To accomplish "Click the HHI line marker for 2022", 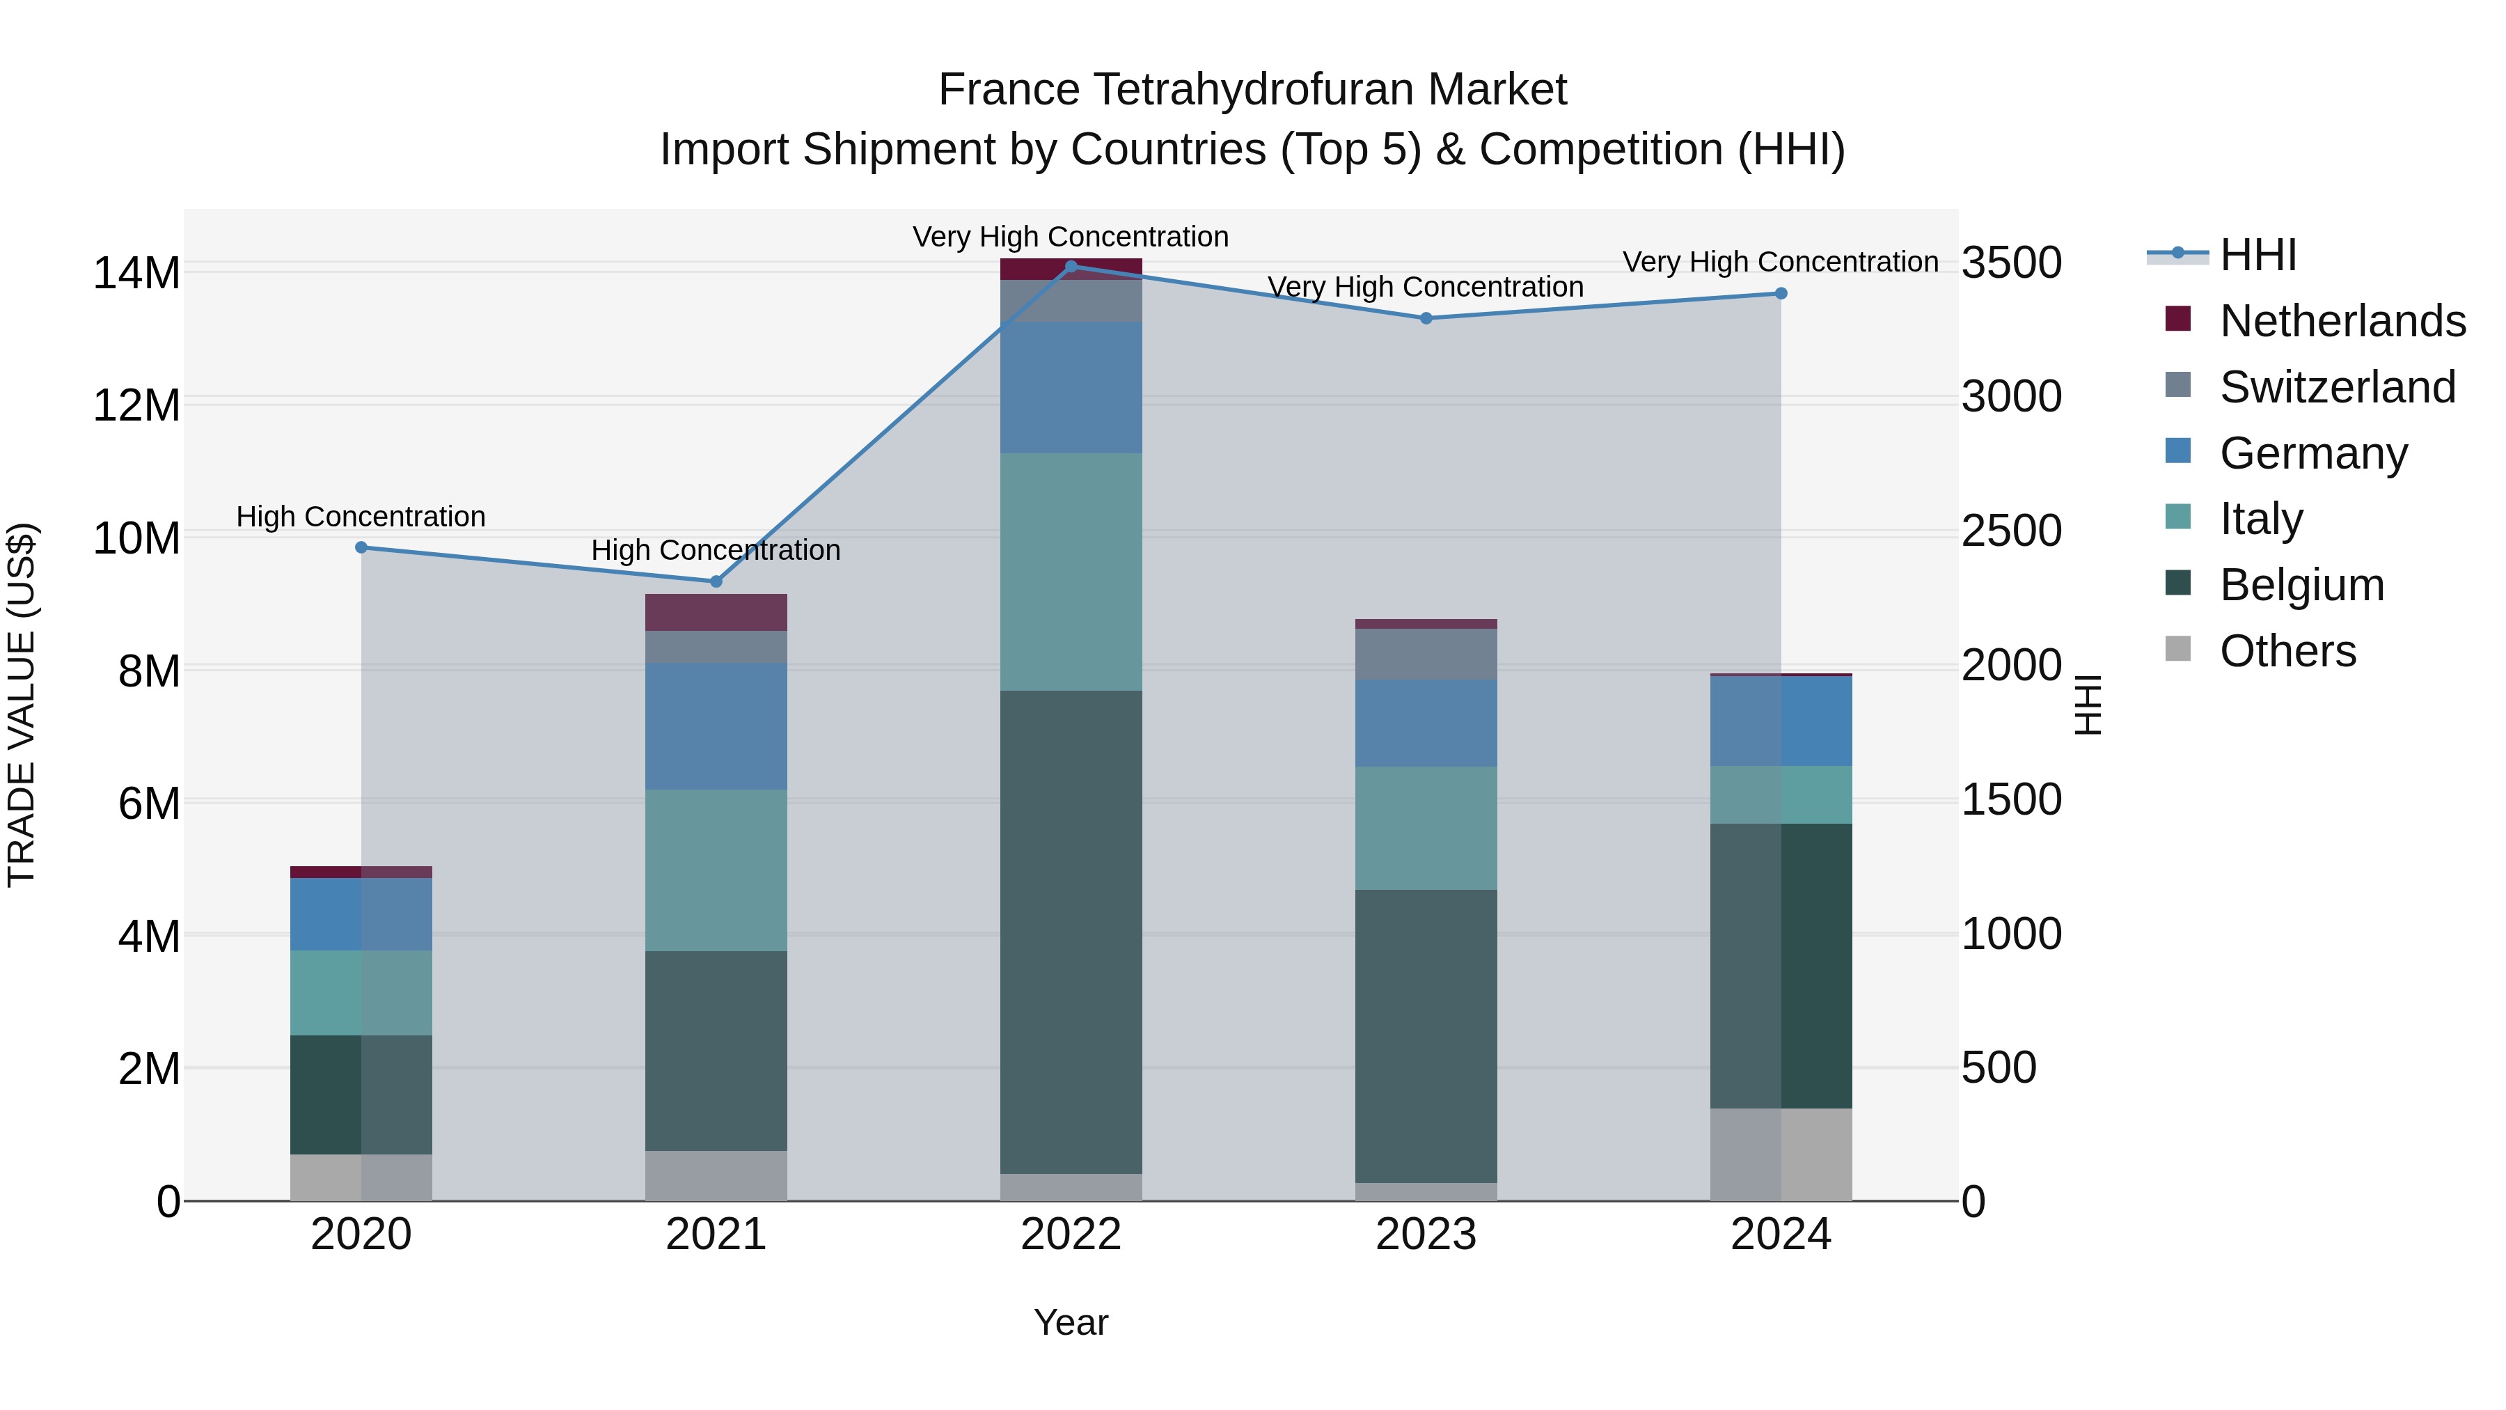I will [1071, 266].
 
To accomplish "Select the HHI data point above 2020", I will [361, 547].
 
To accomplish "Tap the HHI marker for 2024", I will [1780, 293].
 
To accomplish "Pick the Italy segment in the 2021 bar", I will [716, 869].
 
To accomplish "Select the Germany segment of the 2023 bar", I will [1426, 722].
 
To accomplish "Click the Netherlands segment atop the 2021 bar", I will [716, 612].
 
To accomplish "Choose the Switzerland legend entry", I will [2337, 387].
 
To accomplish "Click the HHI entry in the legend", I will [2257, 255].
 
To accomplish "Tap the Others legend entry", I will [2287, 651].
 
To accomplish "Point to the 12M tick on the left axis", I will [136, 405].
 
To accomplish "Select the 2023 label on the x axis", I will [1426, 1235].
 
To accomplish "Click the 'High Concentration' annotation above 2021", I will [716, 550].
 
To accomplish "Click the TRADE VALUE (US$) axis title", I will [22, 705].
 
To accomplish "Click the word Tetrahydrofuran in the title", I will [1253, 90].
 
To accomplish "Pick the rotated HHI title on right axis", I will [2088, 705].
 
